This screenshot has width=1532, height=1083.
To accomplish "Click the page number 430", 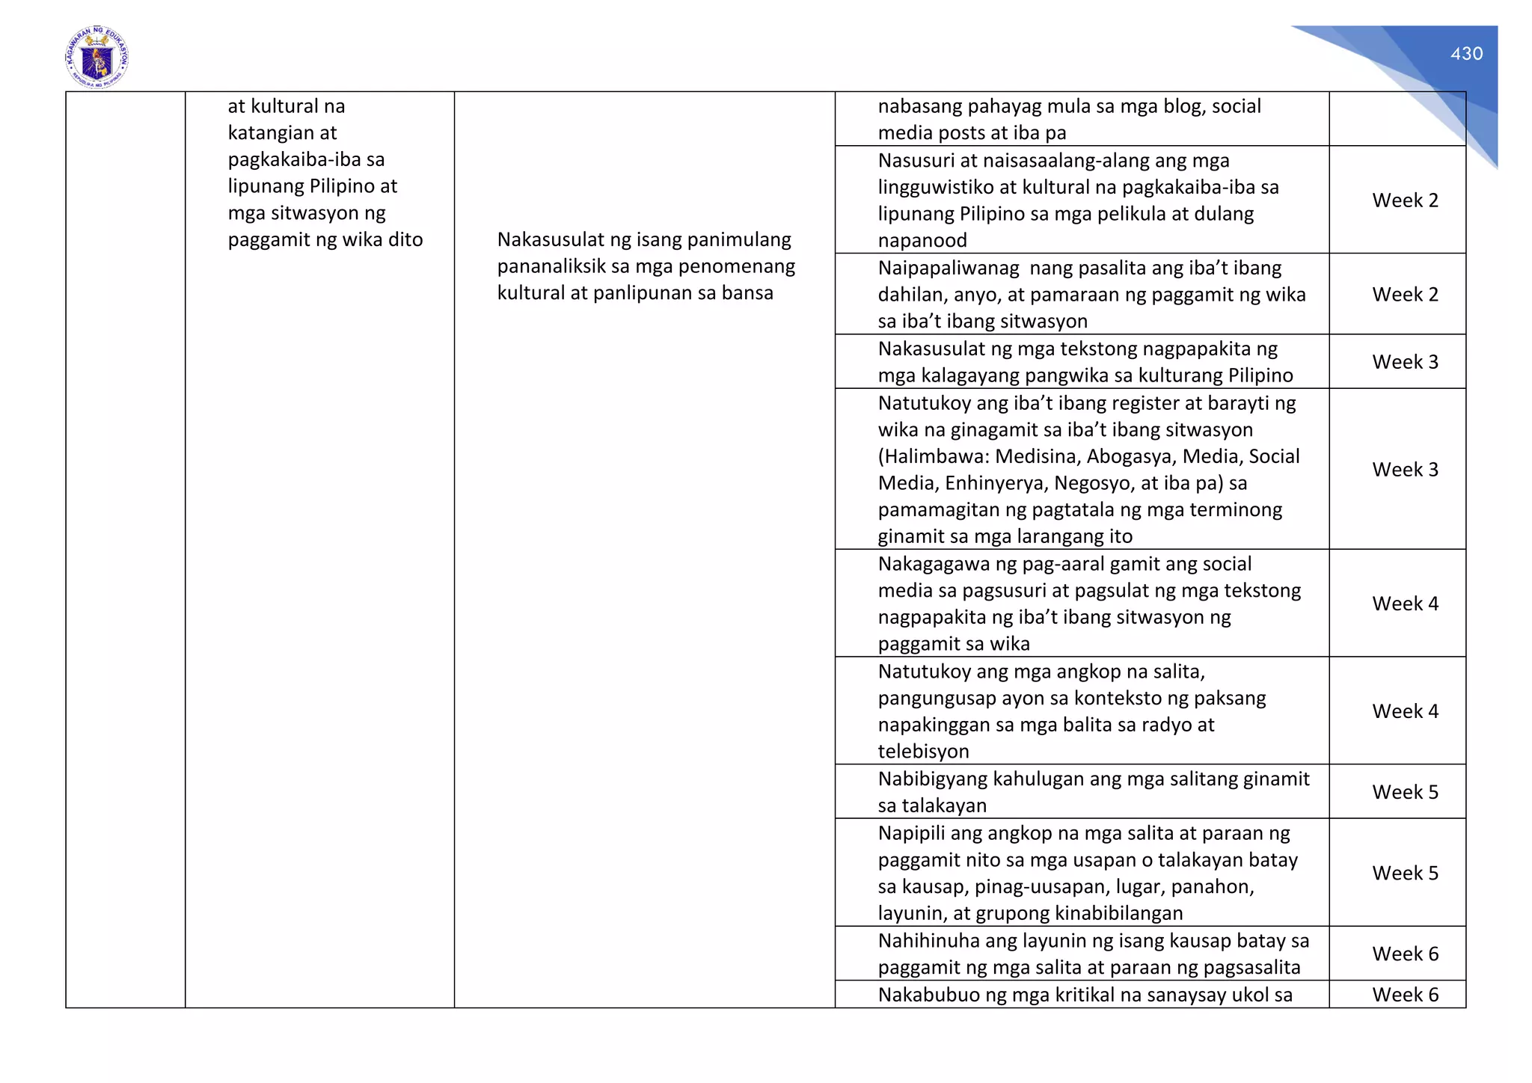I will coord(1466,54).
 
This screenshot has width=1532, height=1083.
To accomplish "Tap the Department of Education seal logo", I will coord(96,58).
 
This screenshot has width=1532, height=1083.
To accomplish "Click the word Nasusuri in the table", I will coord(915,161).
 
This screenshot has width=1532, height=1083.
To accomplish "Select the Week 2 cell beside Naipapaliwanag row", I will coord(1405,295).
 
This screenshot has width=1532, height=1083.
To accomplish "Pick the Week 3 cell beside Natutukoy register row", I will coord(1405,470).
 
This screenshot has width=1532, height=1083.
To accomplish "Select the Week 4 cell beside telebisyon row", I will coord(1405,711).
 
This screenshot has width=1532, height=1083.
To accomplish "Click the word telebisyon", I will coord(923,752).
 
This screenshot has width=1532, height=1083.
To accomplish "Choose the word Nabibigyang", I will coord(932,779).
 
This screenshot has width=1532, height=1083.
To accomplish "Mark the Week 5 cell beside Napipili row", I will coord(1405,874).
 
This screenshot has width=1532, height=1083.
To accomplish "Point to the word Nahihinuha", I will coord(928,941).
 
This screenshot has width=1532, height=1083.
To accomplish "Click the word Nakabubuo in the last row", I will coord(927,995).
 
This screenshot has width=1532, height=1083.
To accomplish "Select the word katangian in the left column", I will coord(282,133).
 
